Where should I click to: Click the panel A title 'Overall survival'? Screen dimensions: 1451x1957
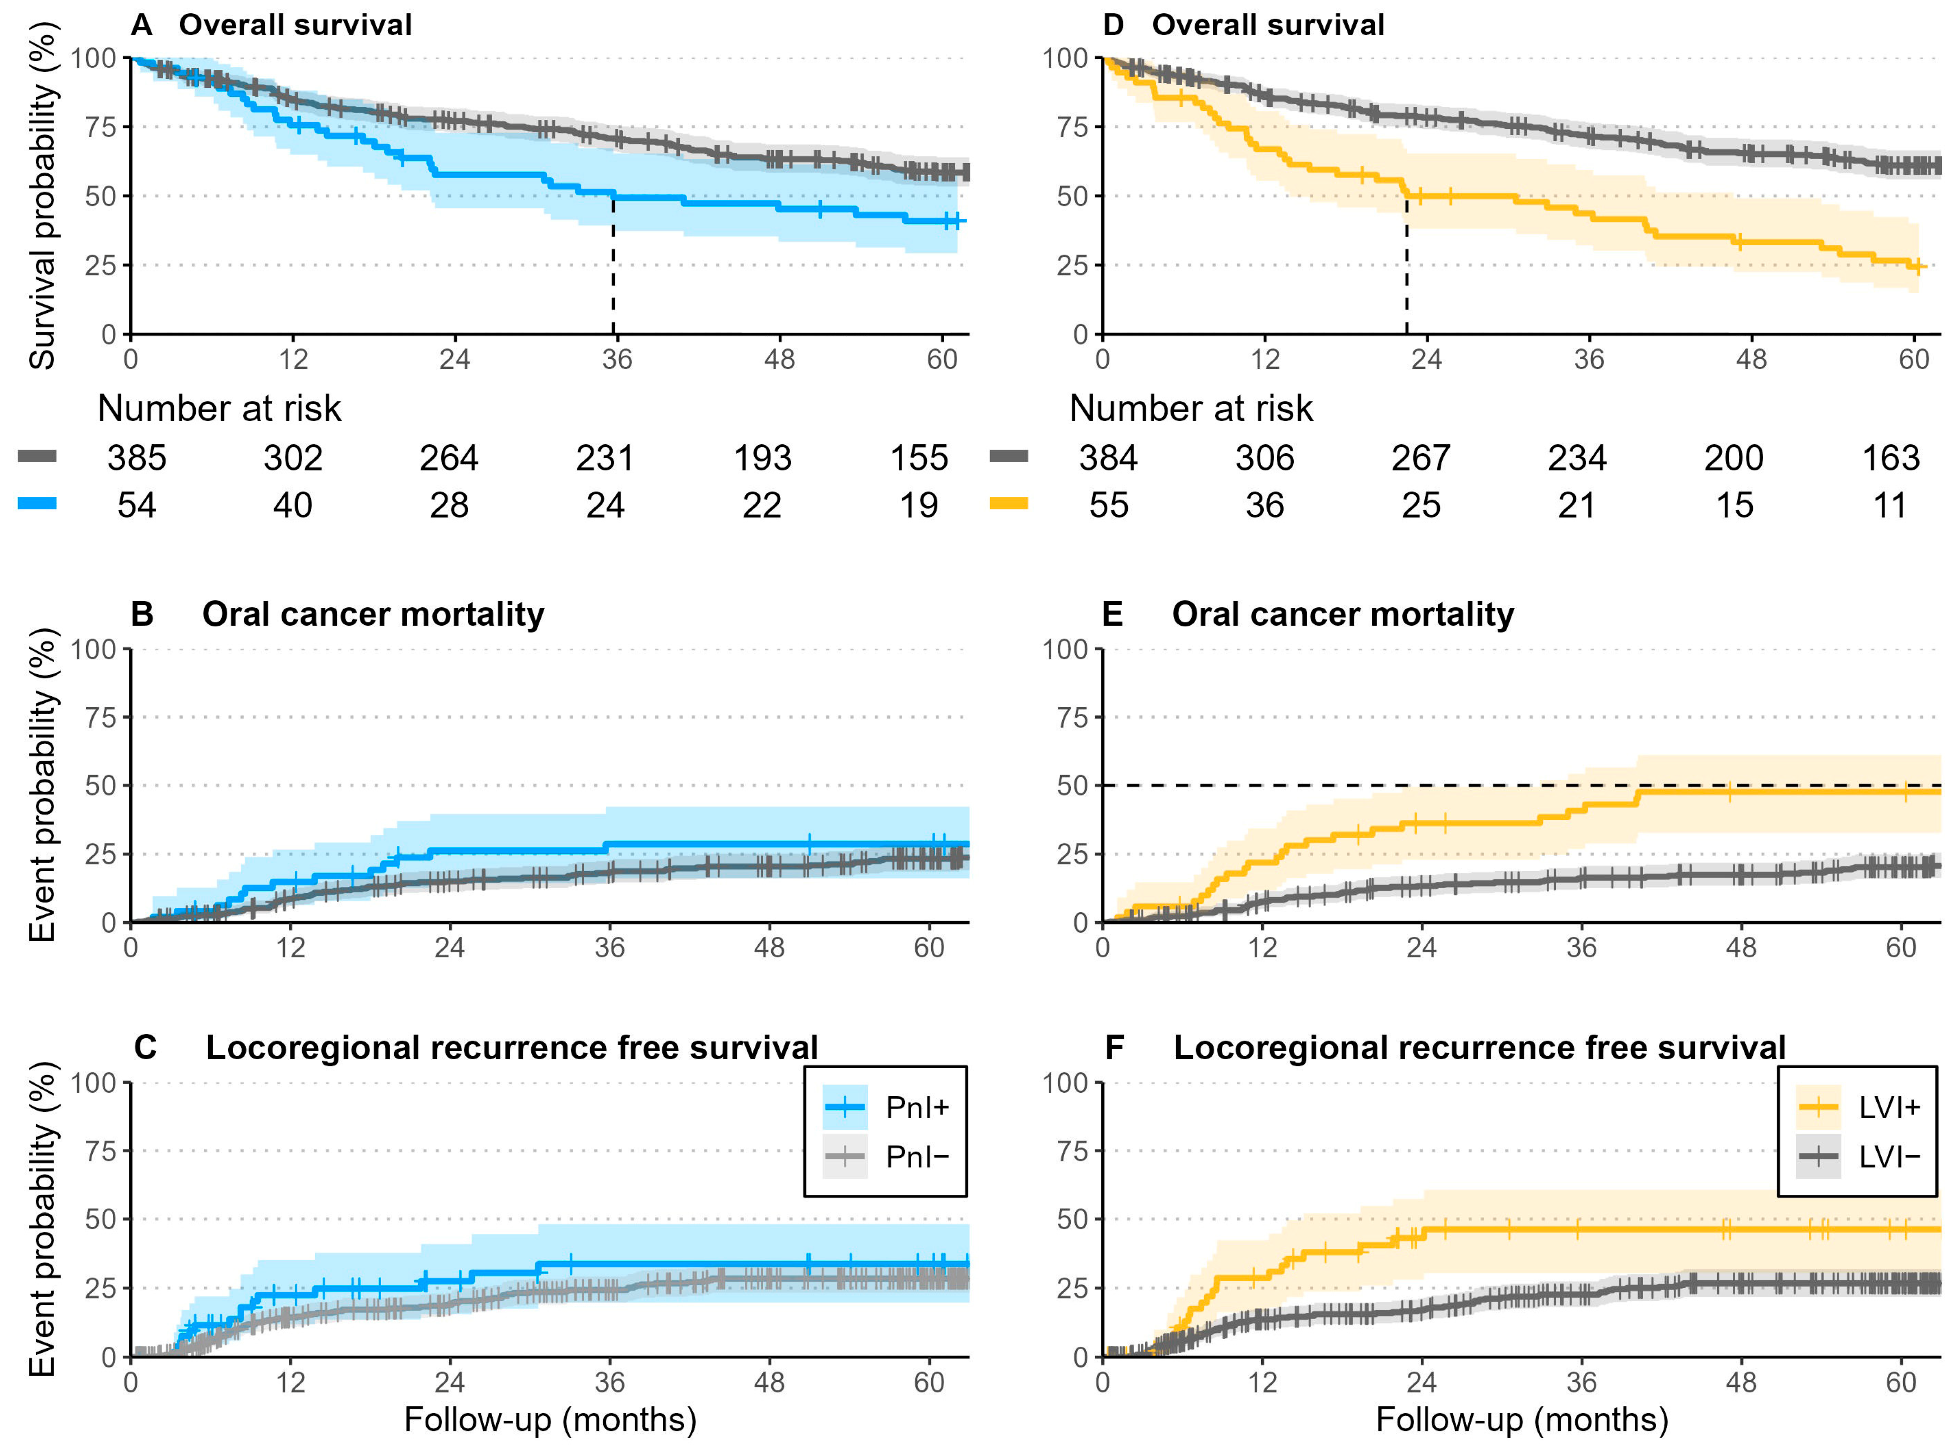pos(295,25)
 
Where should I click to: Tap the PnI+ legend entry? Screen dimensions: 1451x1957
pos(887,1107)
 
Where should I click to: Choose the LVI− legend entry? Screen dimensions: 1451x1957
pos(1859,1157)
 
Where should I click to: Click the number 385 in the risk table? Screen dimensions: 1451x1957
pos(137,458)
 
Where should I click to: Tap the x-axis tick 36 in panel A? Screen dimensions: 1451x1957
pos(617,359)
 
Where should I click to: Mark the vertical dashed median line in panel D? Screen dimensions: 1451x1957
pos(1406,263)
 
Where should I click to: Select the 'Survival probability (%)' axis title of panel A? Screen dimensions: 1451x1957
pos(42,195)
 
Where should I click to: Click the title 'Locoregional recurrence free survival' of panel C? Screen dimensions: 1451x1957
pos(511,1048)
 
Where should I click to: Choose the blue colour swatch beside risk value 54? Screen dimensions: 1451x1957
pos(37,503)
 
